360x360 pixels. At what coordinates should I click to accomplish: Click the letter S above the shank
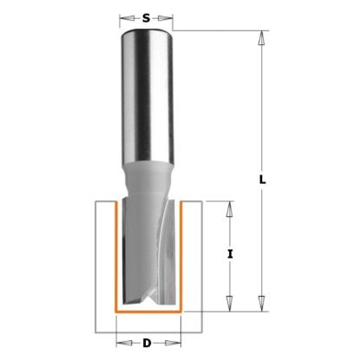[x=147, y=16]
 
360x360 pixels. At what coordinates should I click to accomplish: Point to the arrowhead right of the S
[x=173, y=16]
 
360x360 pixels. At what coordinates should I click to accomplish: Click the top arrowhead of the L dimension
[x=259, y=36]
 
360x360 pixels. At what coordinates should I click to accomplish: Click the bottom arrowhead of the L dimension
[x=259, y=304]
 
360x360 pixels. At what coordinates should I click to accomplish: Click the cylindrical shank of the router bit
[x=147, y=95]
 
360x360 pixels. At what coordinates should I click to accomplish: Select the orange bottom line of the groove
[x=147, y=311]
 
